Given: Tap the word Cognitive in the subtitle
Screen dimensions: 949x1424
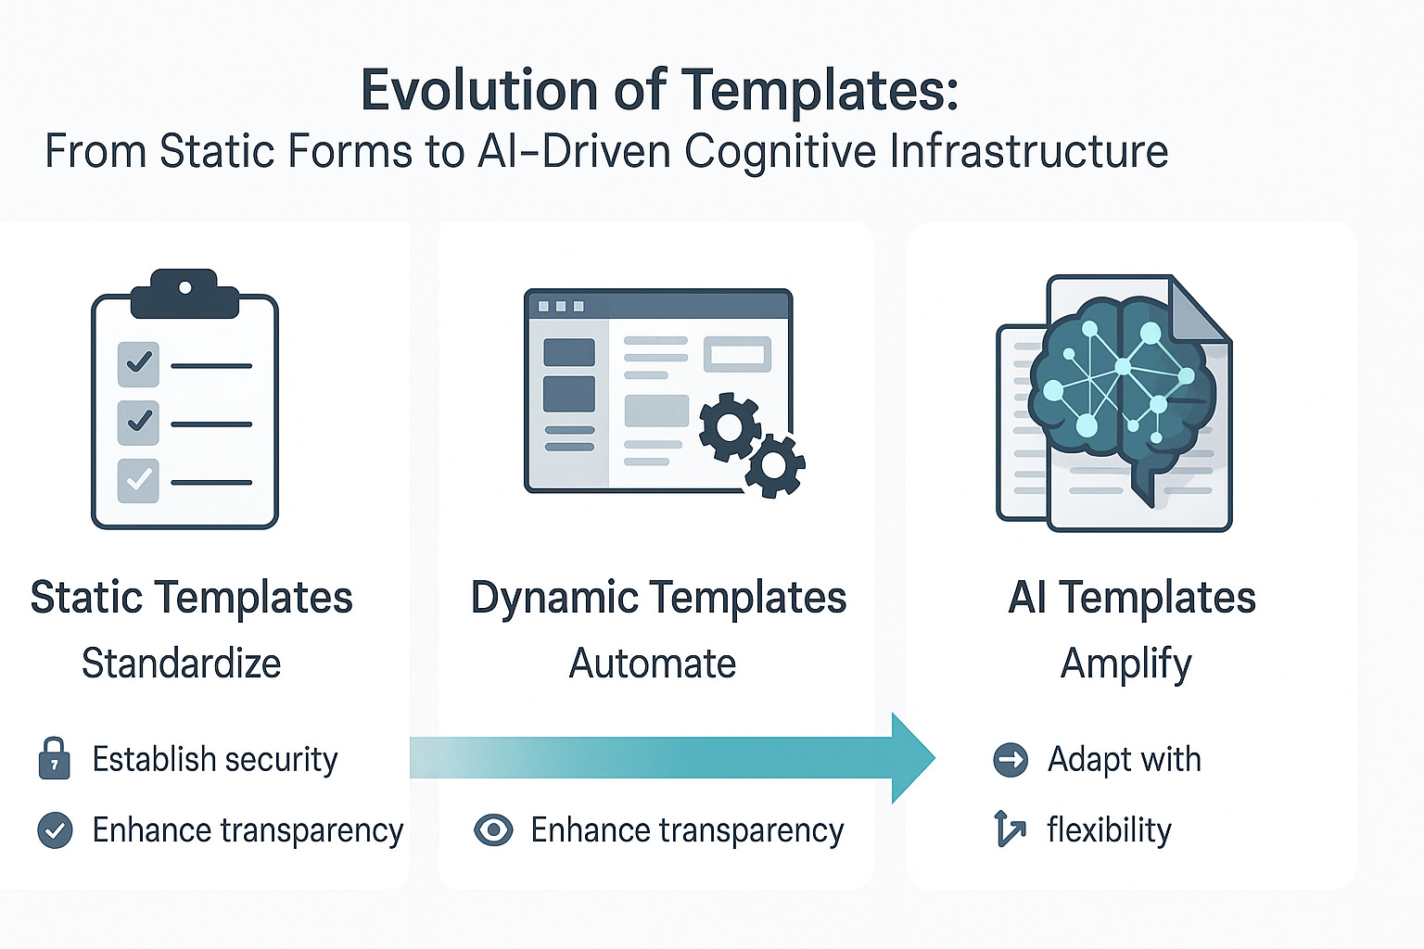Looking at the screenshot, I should point(780,152).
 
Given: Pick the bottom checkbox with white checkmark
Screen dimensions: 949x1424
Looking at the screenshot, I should point(138,481).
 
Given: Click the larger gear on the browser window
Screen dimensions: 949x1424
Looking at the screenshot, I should point(730,426).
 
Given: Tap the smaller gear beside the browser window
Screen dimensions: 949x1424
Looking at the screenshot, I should point(775,465).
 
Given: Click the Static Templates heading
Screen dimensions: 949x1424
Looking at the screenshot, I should point(191,598).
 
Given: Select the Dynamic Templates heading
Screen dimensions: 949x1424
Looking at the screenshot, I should point(658,598).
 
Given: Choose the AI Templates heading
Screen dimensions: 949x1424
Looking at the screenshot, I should point(1131,598).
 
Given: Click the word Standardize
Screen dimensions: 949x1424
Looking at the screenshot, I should point(182,664).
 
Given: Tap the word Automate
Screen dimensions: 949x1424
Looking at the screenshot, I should point(653,664).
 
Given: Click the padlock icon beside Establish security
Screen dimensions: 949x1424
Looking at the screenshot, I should point(54,758).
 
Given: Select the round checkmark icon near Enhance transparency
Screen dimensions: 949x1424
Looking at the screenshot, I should point(55,830).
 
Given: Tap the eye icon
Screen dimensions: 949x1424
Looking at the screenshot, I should point(493,829).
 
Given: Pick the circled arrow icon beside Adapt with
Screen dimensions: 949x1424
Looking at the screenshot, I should point(1011,760).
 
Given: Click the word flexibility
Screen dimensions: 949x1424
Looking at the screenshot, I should point(1109,830).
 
